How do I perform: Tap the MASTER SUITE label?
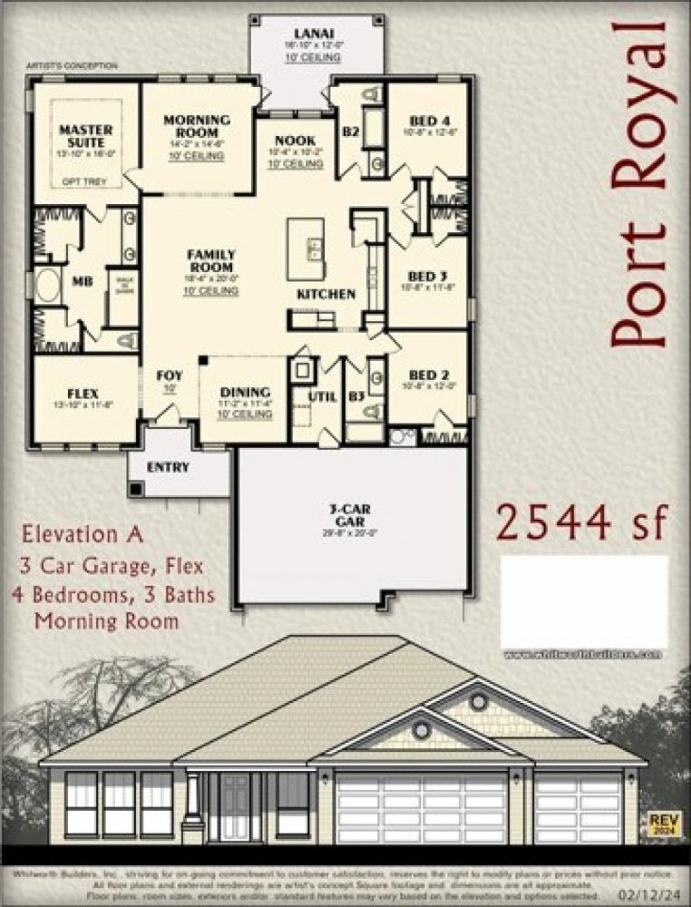pos(86,136)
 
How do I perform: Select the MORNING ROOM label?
pos(197,126)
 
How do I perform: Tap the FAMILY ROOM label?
pos(211,261)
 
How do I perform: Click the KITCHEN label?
pos(326,295)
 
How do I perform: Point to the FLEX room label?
pos(83,394)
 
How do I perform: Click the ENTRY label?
pos(168,468)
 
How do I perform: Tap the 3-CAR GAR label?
pos(349,515)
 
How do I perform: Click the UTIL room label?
pos(322,396)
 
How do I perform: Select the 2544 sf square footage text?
pos(580,522)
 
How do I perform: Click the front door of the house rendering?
pos(235,807)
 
